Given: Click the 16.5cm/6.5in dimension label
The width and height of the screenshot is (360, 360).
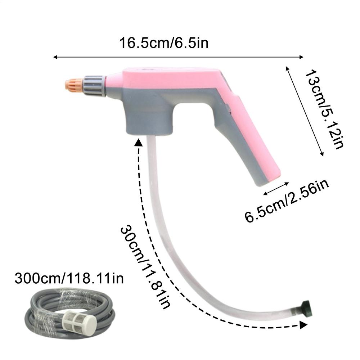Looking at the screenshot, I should pyautogui.click(x=164, y=43).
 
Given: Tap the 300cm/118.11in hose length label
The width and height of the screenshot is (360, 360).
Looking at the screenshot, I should pyautogui.click(x=69, y=278).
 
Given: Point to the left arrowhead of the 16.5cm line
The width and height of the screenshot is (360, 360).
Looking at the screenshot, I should pyautogui.click(x=55, y=57).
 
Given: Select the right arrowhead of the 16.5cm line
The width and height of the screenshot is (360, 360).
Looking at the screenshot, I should pyautogui.click(x=302, y=57).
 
